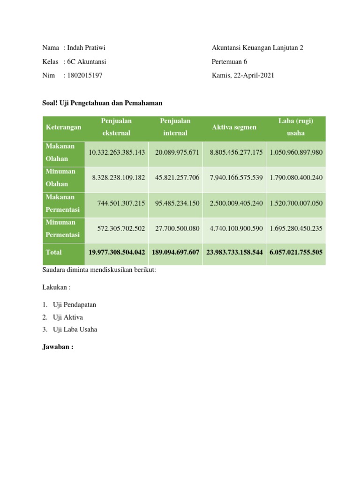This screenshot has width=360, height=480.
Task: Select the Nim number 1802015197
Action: [x=85, y=75]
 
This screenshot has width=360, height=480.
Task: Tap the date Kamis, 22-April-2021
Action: [x=243, y=75]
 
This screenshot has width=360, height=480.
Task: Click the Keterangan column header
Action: [x=64, y=127]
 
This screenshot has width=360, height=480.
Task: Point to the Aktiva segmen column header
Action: [x=234, y=127]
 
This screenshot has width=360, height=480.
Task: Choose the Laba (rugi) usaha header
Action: [x=295, y=127]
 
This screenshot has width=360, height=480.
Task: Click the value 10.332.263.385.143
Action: [x=117, y=152]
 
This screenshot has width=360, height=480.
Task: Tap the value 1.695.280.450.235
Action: [x=296, y=228]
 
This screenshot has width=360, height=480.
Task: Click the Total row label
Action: [x=54, y=252]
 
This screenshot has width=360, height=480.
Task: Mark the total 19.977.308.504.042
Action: [x=117, y=252]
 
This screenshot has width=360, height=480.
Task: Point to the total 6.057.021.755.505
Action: [x=296, y=252]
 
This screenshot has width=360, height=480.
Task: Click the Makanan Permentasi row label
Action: [x=63, y=203]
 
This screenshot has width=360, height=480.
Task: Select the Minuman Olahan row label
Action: [x=60, y=178]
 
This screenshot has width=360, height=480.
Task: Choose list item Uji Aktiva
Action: [x=68, y=317]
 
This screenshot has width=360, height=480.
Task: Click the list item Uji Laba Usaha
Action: [x=75, y=329]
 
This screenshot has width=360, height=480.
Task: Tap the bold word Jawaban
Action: [x=58, y=347]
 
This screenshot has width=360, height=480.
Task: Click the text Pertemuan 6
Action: [x=229, y=61]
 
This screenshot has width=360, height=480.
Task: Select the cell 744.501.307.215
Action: [x=121, y=203]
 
